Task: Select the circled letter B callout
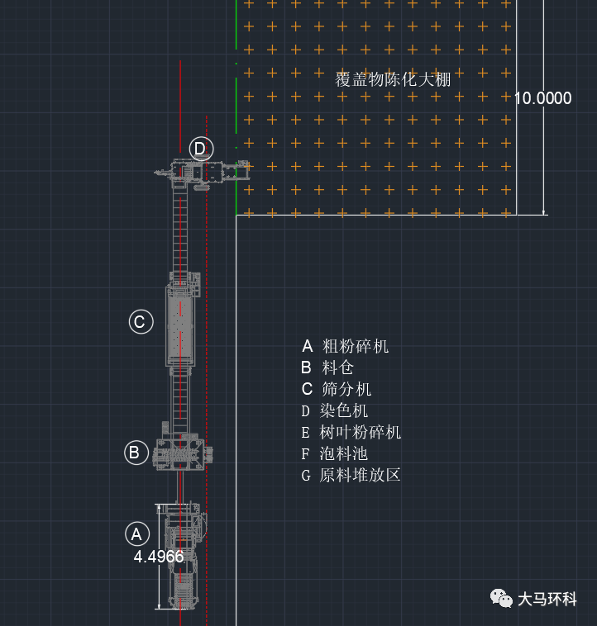click(x=136, y=453)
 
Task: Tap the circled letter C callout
click(x=140, y=321)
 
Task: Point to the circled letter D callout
click(x=201, y=149)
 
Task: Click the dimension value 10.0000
click(x=542, y=98)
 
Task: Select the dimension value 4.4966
click(x=159, y=557)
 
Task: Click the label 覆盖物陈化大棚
click(x=393, y=79)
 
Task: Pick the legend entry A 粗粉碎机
click(x=345, y=346)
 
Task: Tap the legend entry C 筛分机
click(x=337, y=389)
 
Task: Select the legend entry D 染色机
click(x=334, y=410)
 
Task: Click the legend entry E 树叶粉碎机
click(x=351, y=432)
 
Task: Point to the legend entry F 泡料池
click(x=334, y=453)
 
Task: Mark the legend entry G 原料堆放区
click(x=351, y=475)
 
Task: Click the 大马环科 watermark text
click(x=547, y=599)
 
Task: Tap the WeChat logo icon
click(x=500, y=598)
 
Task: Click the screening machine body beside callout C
click(x=182, y=325)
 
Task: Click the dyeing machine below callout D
click(x=203, y=173)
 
